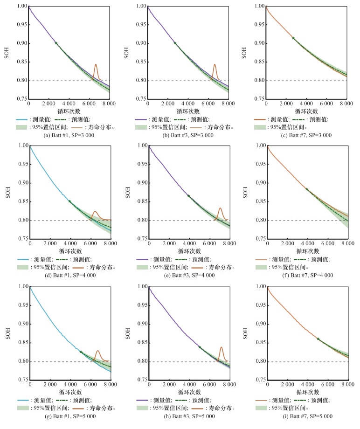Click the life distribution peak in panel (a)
point(96,65)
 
